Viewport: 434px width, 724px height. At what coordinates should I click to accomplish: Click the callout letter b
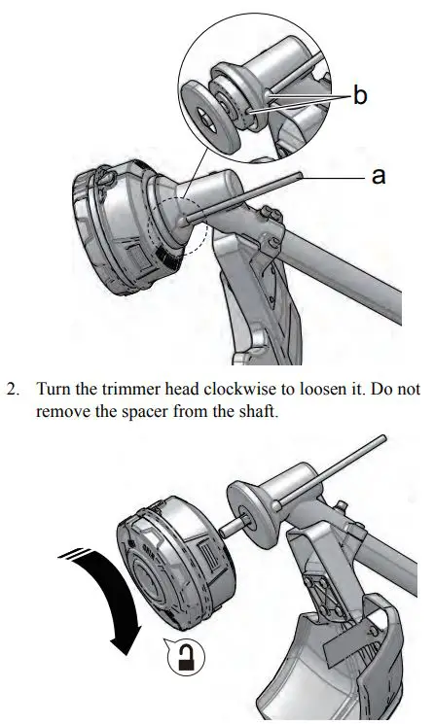point(359,99)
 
